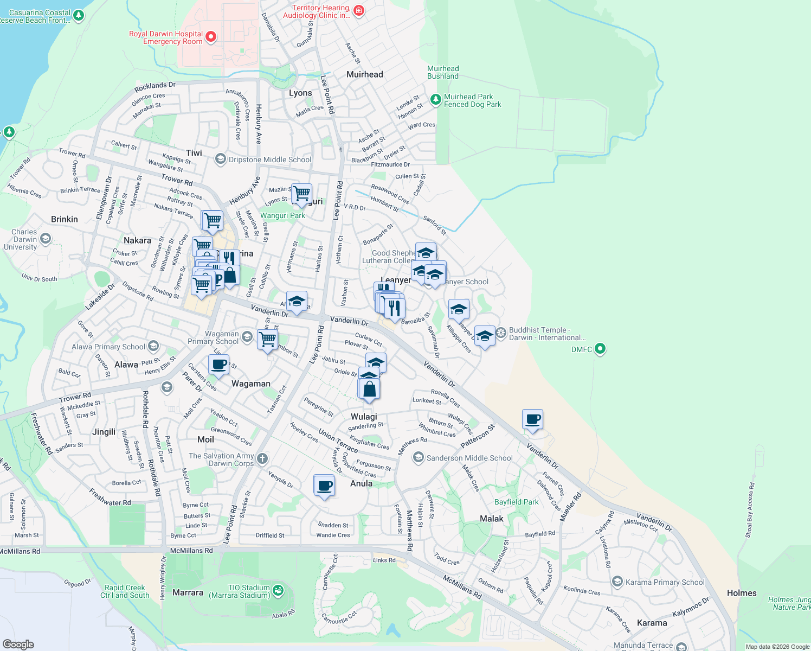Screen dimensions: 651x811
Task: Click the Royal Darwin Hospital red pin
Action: click(x=211, y=37)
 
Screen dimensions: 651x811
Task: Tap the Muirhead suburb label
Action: click(x=365, y=74)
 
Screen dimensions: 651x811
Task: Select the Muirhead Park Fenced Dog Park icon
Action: click(x=435, y=100)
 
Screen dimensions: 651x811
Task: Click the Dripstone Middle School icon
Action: click(x=220, y=159)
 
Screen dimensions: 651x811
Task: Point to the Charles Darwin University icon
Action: click(x=46, y=239)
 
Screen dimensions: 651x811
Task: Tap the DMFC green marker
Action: click(x=600, y=349)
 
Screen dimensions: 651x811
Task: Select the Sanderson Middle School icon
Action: click(x=418, y=458)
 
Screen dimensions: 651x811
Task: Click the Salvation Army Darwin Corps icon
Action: click(x=262, y=459)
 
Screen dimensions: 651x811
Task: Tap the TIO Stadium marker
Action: click(x=278, y=590)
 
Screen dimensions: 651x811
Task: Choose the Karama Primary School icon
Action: click(x=617, y=582)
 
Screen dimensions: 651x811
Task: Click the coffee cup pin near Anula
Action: click(x=324, y=486)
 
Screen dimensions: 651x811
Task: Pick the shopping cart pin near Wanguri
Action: click(x=301, y=193)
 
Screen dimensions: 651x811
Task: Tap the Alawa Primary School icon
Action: click(x=153, y=346)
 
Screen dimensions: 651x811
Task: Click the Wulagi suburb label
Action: click(x=364, y=417)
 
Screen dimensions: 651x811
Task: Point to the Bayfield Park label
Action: click(x=517, y=502)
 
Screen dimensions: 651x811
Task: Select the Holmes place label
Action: click(x=742, y=593)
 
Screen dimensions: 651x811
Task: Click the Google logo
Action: click(x=18, y=644)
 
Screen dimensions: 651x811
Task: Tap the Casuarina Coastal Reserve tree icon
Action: click(x=79, y=16)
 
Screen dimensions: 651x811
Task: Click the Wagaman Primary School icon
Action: click(x=247, y=337)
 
